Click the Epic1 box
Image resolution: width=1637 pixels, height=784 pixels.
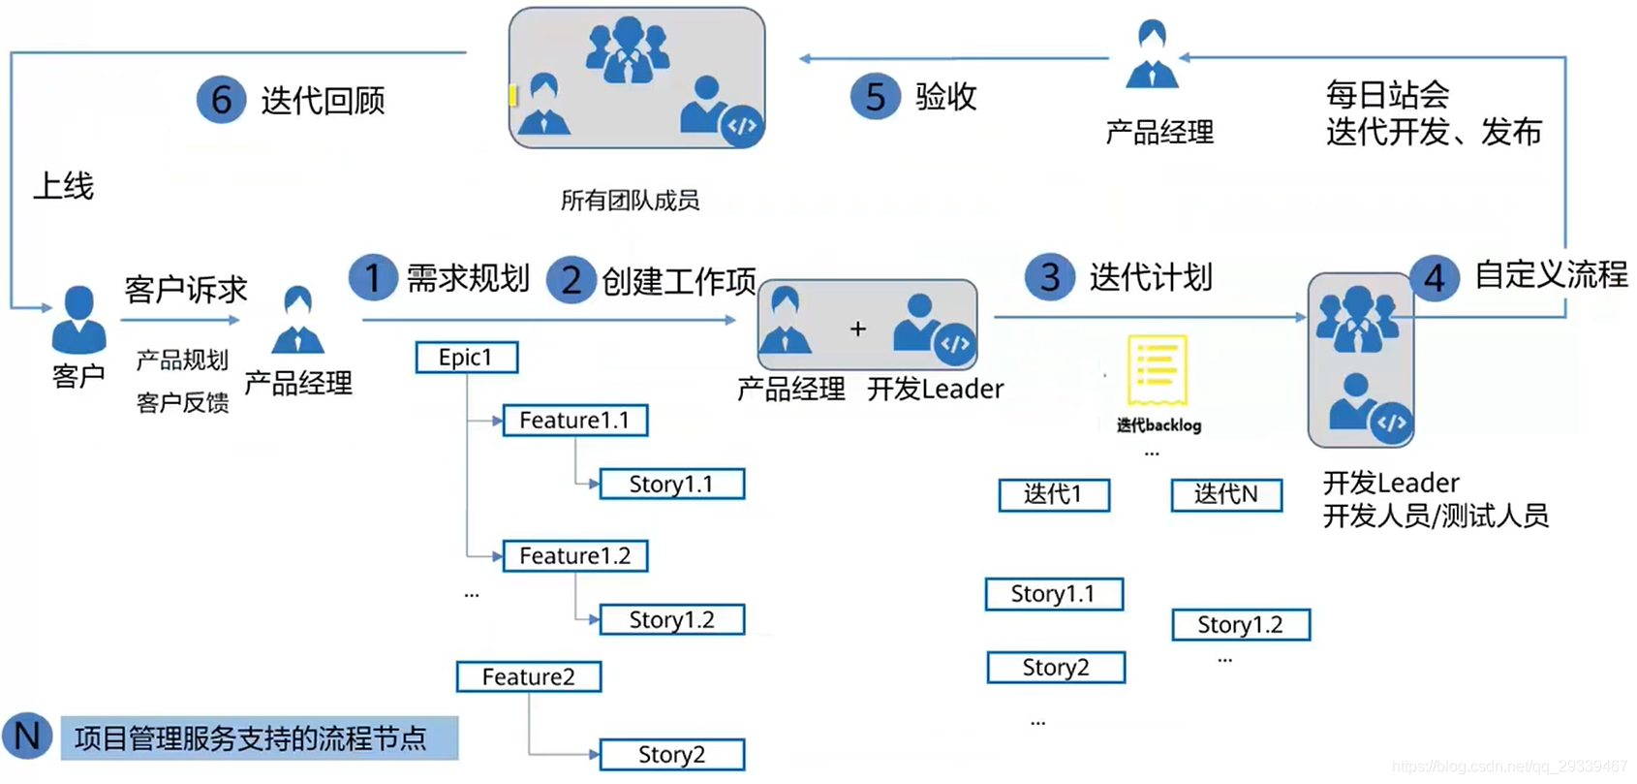[x=466, y=358]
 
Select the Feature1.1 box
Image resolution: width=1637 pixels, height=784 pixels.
[x=574, y=421]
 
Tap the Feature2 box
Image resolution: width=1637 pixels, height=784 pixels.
[x=528, y=676]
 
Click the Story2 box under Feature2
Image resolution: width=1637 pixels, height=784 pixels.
[x=671, y=755]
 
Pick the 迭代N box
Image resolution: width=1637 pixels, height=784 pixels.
[x=1225, y=494]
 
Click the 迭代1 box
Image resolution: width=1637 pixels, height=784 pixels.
[x=1053, y=494]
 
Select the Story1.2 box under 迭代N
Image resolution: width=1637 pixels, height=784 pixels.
[x=1240, y=625]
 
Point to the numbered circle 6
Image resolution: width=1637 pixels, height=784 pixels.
[x=221, y=100]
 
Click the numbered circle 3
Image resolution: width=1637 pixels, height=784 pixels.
[x=1049, y=278]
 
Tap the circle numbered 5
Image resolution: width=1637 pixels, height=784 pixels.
[x=875, y=97]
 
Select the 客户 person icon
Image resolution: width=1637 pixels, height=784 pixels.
[x=78, y=320]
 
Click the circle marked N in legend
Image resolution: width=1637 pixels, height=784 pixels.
[x=27, y=737]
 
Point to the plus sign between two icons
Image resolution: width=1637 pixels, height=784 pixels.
[x=857, y=329]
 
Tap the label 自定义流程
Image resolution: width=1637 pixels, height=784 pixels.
[x=1550, y=275]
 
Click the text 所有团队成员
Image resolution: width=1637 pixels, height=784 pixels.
[x=630, y=201]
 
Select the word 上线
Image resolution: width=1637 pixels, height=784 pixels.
[x=64, y=186]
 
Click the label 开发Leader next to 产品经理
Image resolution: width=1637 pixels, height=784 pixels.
[x=935, y=390]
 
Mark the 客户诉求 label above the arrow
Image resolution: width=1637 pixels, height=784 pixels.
[x=185, y=290]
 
